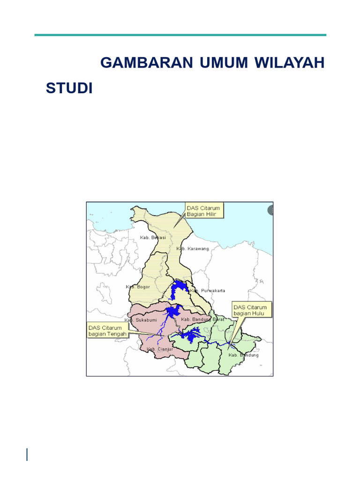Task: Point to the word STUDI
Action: tap(69, 88)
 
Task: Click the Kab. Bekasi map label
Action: tap(153, 238)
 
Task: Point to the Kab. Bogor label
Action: tap(138, 286)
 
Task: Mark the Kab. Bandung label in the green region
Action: tap(243, 355)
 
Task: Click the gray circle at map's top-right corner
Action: tap(270, 210)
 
